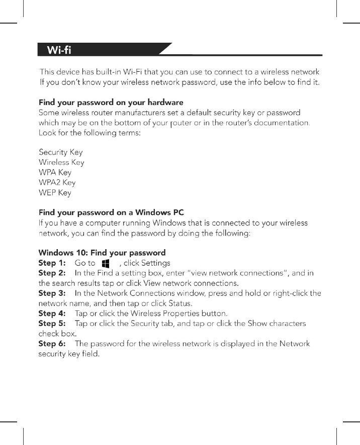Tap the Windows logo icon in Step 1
(x=106, y=263)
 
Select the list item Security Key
(x=61, y=152)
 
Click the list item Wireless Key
(x=61, y=162)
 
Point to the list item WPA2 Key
(x=57, y=182)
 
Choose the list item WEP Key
(x=55, y=192)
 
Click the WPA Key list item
(x=55, y=172)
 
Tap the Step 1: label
(x=52, y=263)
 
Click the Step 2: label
(x=52, y=273)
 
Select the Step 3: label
(x=52, y=293)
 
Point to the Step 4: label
(x=52, y=313)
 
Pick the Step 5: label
(x=52, y=323)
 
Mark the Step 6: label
(x=52, y=344)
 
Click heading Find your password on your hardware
(x=111, y=102)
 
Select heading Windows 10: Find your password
(x=102, y=253)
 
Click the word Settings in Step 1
(x=155, y=263)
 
